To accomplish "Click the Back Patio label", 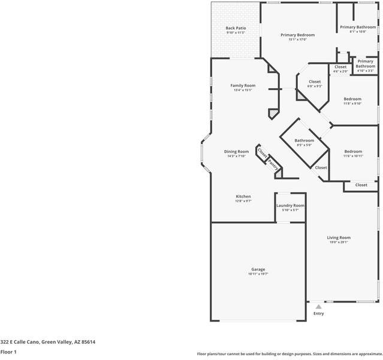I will (x=236, y=28).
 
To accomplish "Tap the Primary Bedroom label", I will (x=297, y=35).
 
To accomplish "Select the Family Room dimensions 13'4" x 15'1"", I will (x=243, y=90).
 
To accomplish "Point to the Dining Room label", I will (x=236, y=151).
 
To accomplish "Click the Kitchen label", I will (x=243, y=196).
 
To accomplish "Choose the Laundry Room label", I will (x=290, y=205).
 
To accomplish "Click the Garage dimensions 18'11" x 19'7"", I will (x=258, y=274).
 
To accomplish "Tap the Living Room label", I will (x=339, y=238).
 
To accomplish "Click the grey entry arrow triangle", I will (x=318, y=306).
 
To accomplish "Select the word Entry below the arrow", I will (x=318, y=313).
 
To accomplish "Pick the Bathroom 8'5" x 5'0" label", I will (x=304, y=140).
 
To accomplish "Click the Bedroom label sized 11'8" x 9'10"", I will (x=352, y=98).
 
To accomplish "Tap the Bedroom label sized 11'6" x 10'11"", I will (x=353, y=151).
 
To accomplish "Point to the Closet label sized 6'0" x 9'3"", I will (x=315, y=82).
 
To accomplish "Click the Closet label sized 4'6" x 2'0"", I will (x=340, y=67).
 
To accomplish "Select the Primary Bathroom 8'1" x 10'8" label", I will (x=358, y=27).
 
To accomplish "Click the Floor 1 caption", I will (x=8, y=352).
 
